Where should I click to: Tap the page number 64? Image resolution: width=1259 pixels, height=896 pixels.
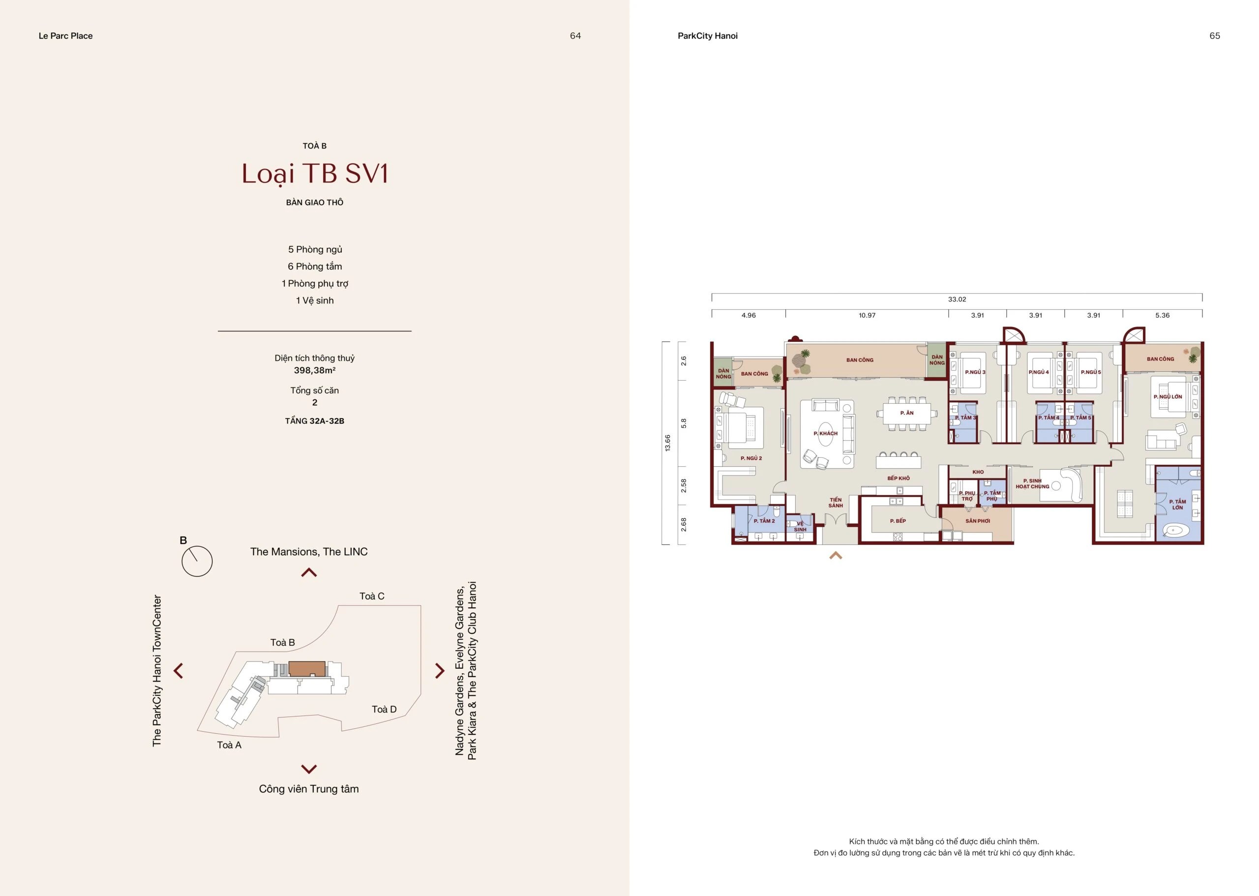pyautogui.click(x=575, y=36)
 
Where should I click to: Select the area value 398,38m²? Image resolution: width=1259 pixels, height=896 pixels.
pyautogui.click(x=314, y=370)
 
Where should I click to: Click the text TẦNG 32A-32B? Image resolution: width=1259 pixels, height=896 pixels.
pyautogui.click(x=314, y=421)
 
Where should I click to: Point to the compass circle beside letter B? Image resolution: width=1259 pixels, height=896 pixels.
pyautogui.click(x=197, y=562)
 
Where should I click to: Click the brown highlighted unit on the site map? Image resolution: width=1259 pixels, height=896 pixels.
pyautogui.click(x=306, y=669)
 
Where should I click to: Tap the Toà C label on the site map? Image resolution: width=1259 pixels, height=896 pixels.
pyautogui.click(x=372, y=596)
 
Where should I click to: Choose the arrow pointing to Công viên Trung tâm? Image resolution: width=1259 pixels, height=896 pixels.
pyautogui.click(x=309, y=769)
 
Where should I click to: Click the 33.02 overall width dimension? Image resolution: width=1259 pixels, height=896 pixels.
pyautogui.click(x=957, y=299)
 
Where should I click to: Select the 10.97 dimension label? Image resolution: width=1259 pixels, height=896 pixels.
pyautogui.click(x=867, y=315)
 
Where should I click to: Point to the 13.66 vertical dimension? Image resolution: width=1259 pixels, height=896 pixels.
pyautogui.click(x=667, y=443)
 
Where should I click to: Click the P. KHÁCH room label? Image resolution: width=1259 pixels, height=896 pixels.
pyautogui.click(x=825, y=433)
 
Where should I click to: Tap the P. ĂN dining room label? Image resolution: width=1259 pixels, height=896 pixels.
pyautogui.click(x=906, y=413)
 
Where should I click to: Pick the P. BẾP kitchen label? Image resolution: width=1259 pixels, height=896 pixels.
pyautogui.click(x=898, y=521)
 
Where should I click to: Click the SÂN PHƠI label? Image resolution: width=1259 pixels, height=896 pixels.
pyautogui.click(x=978, y=521)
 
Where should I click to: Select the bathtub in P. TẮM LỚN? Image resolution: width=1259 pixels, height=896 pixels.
pyautogui.click(x=1171, y=531)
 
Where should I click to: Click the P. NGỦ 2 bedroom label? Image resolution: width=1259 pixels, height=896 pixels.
pyautogui.click(x=751, y=458)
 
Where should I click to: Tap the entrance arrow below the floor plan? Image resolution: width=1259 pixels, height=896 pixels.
pyautogui.click(x=835, y=556)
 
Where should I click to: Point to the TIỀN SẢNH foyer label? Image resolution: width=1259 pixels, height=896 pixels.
pyautogui.click(x=835, y=503)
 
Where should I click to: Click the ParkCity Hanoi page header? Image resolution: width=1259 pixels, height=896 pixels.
pyautogui.click(x=707, y=36)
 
